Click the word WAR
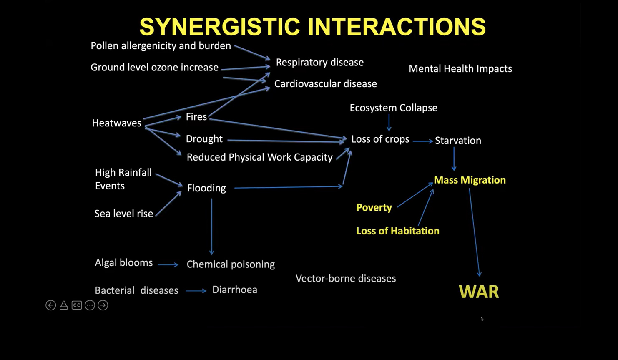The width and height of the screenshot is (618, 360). coord(479,292)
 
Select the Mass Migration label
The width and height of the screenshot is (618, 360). coord(470,180)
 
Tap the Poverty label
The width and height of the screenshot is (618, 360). coord(374,208)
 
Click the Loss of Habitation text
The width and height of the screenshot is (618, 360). coord(397,231)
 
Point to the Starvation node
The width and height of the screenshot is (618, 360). coord(458,141)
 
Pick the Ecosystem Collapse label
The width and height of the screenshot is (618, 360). coord(393,108)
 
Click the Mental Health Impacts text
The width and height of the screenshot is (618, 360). coord(460,69)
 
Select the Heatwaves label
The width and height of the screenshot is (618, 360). coord(116,123)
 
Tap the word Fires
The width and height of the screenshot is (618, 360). coord(196,117)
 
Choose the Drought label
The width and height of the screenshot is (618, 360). coord(204,139)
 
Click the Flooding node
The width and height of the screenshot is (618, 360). coord(206,188)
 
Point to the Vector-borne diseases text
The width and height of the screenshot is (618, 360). coord(345,279)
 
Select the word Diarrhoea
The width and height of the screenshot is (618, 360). coord(234,290)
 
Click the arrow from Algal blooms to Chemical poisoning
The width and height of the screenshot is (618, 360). coord(168,264)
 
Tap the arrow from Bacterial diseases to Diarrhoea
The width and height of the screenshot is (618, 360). coord(196,291)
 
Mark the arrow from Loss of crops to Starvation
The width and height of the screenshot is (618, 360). coord(423,141)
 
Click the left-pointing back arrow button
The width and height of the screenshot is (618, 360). coord(50,305)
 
